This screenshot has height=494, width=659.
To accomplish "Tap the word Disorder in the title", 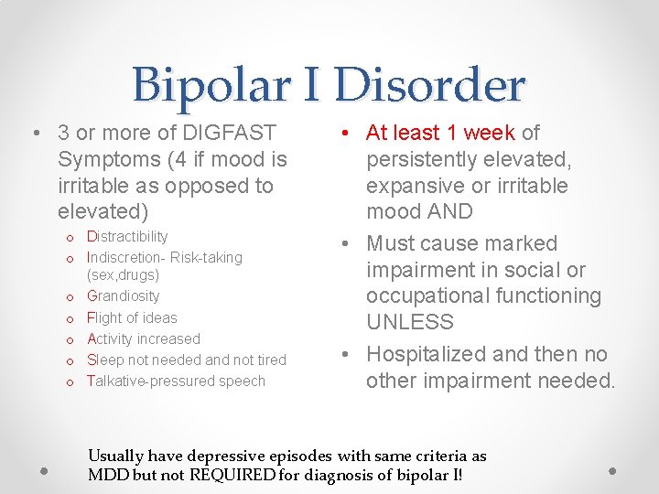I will click(429, 85).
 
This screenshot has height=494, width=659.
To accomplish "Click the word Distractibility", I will click(127, 237).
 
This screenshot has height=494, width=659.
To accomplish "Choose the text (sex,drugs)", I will click(123, 274).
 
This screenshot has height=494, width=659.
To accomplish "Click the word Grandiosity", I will click(123, 295).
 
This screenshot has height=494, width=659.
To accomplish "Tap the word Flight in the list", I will click(105, 317).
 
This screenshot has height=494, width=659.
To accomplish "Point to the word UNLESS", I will click(410, 322).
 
